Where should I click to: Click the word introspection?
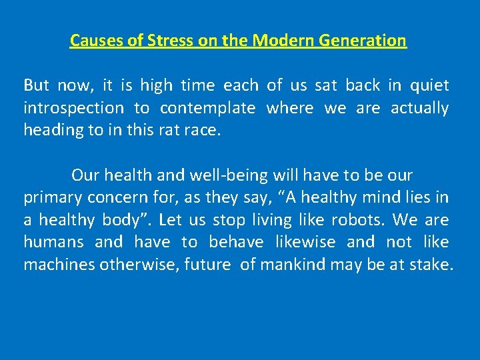point(73,108)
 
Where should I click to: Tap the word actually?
point(419,108)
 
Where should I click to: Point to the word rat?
point(167,131)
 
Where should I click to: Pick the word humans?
point(53,243)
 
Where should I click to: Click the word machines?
point(59,265)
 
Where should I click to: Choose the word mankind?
point(293,265)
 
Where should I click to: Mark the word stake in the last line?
point(433,265)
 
